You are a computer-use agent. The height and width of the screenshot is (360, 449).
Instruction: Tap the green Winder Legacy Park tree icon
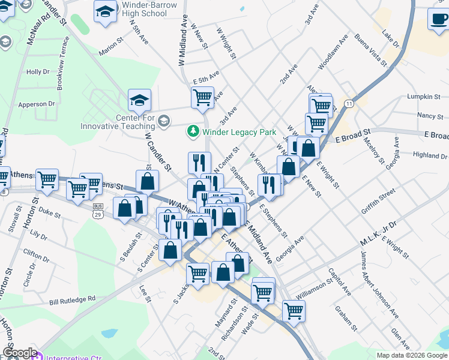coord(193,130)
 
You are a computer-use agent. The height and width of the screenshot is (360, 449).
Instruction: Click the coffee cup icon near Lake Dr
coord(438,18)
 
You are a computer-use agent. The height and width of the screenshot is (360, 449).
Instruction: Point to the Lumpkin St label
coord(424,96)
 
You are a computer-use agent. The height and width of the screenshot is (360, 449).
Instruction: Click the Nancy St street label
coord(429,115)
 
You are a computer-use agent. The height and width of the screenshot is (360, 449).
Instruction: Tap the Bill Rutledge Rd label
coord(73,298)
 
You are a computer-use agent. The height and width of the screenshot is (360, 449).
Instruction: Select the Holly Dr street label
coord(38,72)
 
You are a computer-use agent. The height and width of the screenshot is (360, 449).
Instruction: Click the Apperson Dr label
coord(36,104)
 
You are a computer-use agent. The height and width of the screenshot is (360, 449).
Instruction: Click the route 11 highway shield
coord(349,104)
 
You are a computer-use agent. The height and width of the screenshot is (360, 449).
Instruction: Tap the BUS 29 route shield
coord(98,210)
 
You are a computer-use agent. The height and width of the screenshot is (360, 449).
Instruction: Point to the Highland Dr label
coord(430,155)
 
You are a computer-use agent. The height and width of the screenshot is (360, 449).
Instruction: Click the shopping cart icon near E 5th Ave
coord(203,97)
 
